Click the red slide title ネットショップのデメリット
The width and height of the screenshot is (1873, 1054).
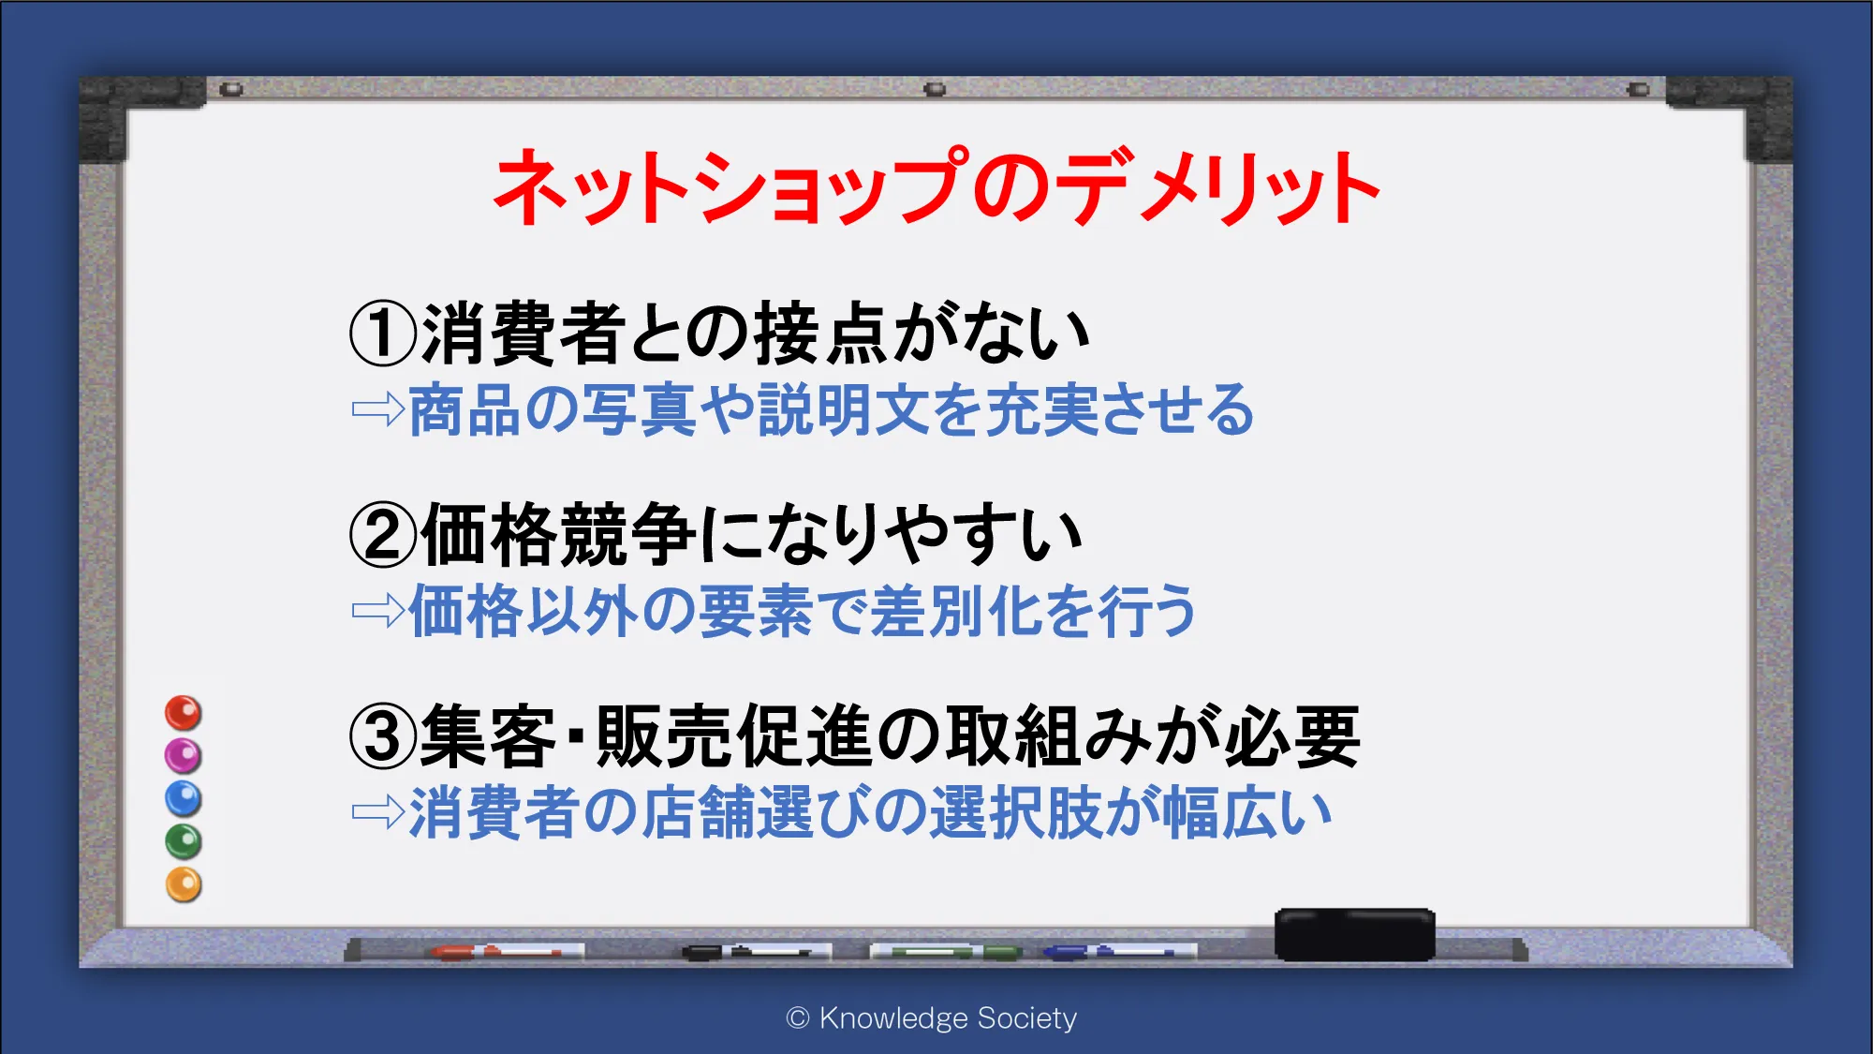click(x=936, y=186)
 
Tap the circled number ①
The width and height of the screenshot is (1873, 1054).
click(x=382, y=334)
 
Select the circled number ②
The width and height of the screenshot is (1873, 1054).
click(x=382, y=535)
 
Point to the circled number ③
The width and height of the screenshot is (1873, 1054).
click(x=382, y=736)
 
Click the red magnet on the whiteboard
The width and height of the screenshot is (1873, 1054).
click(x=184, y=713)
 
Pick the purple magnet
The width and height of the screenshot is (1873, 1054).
click(x=184, y=755)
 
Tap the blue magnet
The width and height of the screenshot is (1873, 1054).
click(x=184, y=798)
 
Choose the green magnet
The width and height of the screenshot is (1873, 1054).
click(x=184, y=841)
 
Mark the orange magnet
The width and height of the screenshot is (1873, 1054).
click(x=184, y=884)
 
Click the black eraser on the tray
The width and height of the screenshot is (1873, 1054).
click(x=1354, y=934)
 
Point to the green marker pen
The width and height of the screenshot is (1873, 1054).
click(x=946, y=952)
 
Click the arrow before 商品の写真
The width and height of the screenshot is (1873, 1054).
click(x=378, y=409)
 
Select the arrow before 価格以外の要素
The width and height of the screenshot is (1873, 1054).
click(x=378, y=611)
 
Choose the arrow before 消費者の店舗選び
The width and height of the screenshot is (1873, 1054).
click(x=378, y=812)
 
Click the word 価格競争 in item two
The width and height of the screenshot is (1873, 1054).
click(x=559, y=535)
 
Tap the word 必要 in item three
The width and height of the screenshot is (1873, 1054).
click(x=1291, y=736)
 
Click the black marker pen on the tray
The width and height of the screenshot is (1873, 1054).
click(x=755, y=952)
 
